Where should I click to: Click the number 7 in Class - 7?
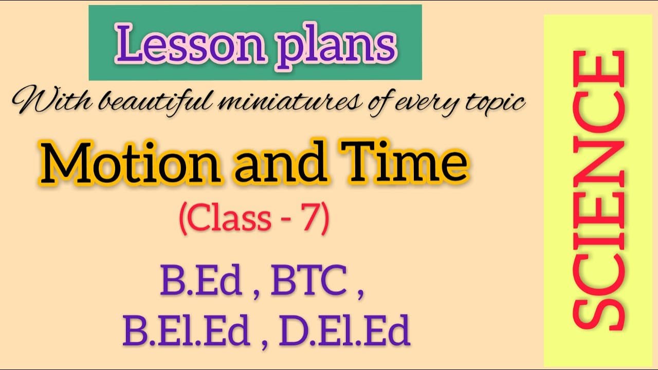coord(312,218)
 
